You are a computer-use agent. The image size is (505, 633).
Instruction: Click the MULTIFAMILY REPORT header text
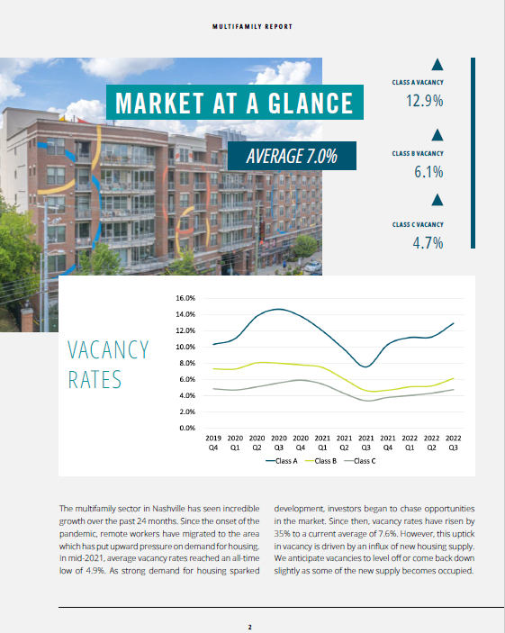click(252, 27)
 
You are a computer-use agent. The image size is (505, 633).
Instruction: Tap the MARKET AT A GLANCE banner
click(235, 102)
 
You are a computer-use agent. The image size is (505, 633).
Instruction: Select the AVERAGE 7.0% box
click(292, 156)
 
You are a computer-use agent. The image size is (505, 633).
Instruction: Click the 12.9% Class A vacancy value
click(424, 101)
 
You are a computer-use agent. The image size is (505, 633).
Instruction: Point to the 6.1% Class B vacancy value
click(428, 172)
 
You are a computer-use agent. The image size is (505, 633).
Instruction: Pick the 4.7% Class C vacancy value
click(428, 243)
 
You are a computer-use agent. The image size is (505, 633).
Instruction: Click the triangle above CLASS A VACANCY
click(437, 65)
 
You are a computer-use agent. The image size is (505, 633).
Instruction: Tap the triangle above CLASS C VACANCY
click(437, 200)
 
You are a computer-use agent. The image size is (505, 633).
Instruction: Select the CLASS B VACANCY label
click(418, 153)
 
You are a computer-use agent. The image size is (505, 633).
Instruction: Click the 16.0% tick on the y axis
click(185, 298)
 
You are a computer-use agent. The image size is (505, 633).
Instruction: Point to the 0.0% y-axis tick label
click(187, 428)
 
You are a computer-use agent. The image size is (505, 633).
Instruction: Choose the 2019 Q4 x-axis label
click(213, 443)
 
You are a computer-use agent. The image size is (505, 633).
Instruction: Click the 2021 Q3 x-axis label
click(365, 443)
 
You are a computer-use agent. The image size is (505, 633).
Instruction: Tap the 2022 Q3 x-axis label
click(453, 443)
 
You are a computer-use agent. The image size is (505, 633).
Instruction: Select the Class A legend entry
click(282, 461)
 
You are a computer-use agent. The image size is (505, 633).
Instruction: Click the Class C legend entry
click(360, 461)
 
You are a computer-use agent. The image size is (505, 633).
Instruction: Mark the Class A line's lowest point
click(365, 367)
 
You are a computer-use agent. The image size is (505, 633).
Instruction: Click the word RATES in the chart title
click(95, 380)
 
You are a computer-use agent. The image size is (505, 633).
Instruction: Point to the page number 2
click(250, 627)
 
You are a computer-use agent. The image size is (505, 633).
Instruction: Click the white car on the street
click(313, 267)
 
